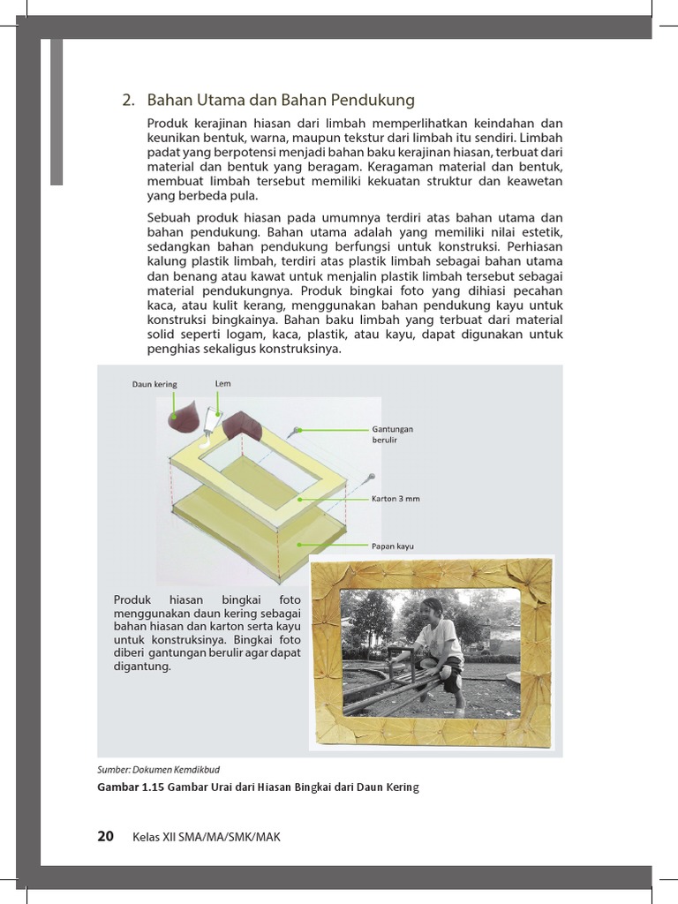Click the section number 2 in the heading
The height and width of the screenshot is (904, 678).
127,101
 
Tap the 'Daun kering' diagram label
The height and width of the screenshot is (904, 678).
154,384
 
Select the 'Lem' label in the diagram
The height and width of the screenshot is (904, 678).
222,383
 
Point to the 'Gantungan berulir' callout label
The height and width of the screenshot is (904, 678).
392,433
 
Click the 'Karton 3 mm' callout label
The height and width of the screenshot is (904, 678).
395,499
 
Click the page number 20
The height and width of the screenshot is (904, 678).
105,837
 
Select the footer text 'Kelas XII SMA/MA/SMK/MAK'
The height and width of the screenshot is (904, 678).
206,838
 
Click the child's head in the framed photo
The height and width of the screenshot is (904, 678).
433,610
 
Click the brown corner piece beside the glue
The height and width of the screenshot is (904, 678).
243,427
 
